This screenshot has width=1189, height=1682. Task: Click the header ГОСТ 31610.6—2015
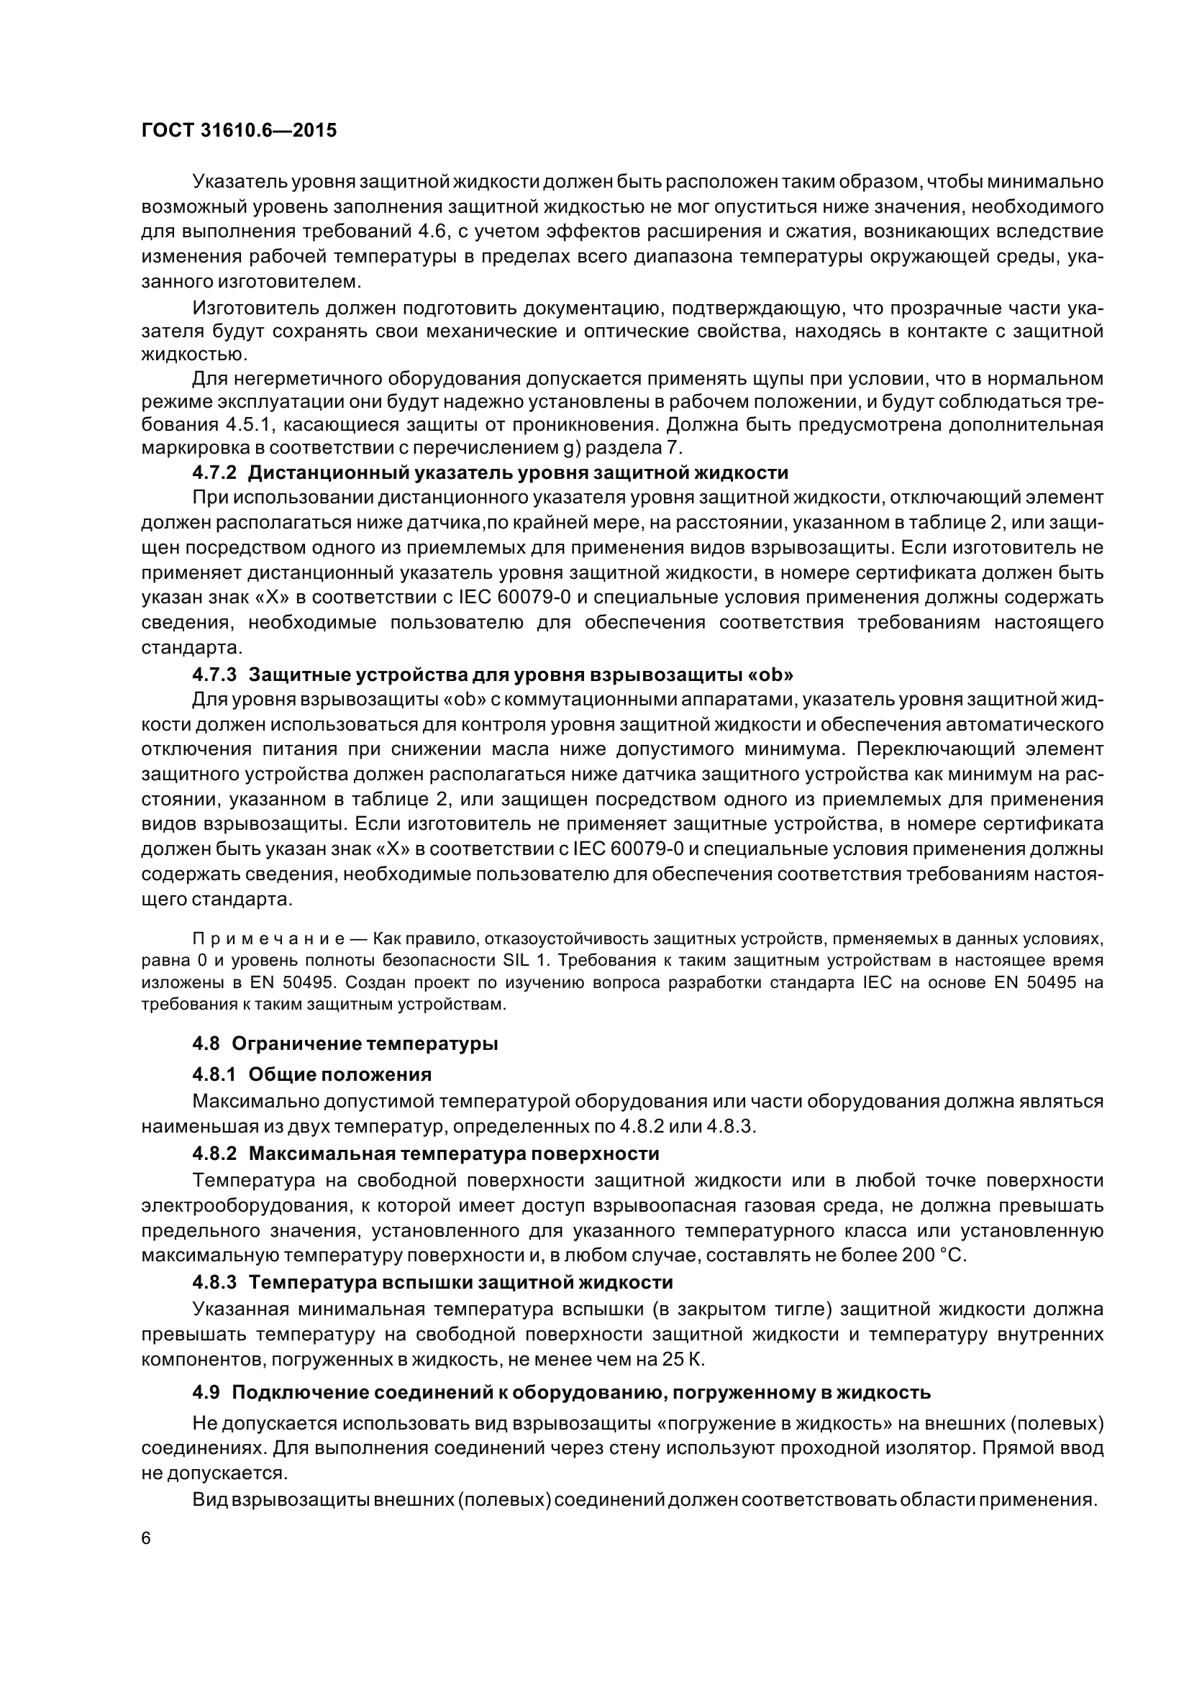pos(238,131)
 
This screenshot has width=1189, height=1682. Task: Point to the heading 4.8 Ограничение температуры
pos(345,1044)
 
